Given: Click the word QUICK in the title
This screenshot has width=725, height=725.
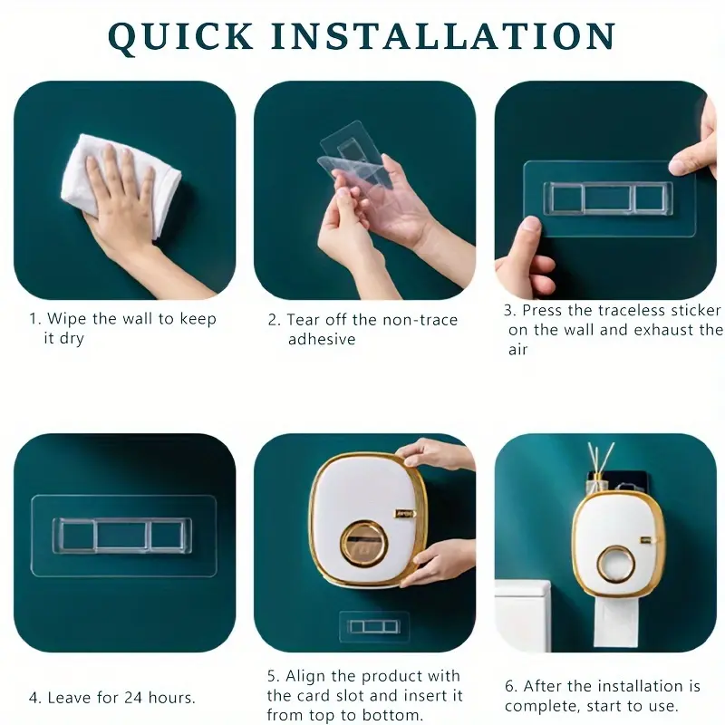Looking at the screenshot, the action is [180, 35].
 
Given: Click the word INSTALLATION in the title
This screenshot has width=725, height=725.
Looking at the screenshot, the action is [444, 35].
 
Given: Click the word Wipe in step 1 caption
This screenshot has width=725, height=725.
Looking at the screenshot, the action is [67, 319].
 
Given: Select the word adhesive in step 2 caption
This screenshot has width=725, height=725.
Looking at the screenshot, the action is [322, 339].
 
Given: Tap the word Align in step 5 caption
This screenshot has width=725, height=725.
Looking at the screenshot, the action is [305, 677].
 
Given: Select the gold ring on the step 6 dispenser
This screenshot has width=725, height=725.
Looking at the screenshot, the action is [615, 564].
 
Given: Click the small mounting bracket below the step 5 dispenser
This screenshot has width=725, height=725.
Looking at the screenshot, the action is [374, 626].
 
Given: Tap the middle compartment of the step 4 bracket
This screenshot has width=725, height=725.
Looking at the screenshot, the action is [122, 536].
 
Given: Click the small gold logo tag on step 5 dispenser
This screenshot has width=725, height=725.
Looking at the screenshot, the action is [404, 513].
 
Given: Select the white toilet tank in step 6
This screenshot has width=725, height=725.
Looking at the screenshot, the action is [523, 616].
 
